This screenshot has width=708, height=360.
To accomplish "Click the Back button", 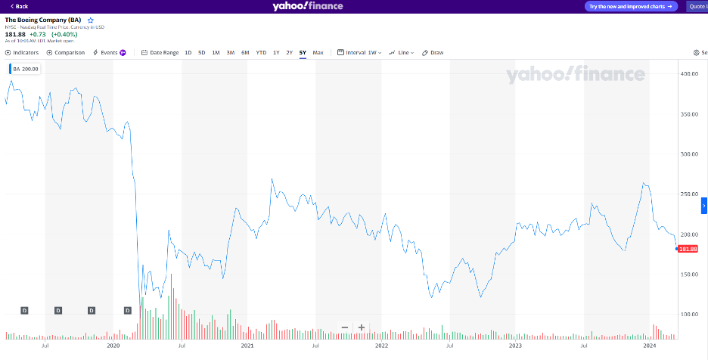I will [19, 6].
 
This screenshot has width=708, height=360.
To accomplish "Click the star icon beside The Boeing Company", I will [91, 20].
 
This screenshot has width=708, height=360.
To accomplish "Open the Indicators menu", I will [22, 53].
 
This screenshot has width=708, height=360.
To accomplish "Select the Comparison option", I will [66, 53].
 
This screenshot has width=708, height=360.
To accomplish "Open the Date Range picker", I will [160, 53].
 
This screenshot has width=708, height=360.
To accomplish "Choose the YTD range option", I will [261, 53].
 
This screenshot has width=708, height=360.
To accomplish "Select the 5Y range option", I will [303, 53].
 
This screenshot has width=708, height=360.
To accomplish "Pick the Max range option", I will [318, 53].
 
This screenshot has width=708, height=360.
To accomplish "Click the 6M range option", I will [245, 53].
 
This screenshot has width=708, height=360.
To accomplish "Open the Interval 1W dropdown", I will [359, 53].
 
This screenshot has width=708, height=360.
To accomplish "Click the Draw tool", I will [433, 53].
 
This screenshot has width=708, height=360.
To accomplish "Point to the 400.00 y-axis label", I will [689, 74].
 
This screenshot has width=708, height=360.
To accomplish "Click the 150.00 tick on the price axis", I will [689, 274].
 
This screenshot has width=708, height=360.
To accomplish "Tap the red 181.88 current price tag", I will [688, 249].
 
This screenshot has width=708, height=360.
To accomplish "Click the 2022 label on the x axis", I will [381, 346].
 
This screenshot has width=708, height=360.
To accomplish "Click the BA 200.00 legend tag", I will [26, 69].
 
